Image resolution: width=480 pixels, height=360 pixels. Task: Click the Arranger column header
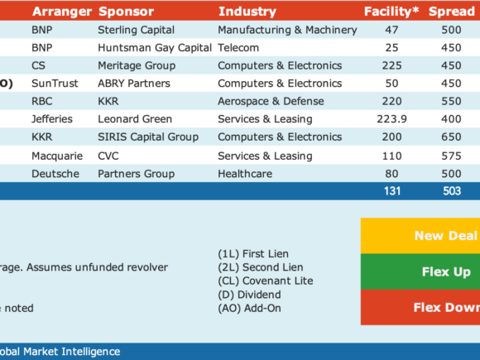[x=62, y=12]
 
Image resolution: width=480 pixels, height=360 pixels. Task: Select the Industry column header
[x=247, y=12]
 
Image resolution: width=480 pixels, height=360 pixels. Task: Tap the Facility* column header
[x=391, y=12]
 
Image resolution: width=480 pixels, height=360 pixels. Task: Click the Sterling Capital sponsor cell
[x=137, y=30]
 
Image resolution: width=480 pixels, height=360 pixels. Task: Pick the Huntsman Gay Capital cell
[x=155, y=48]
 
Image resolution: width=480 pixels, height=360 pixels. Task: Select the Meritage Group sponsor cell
[x=137, y=65]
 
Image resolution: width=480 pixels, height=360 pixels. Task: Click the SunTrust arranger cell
[x=55, y=84]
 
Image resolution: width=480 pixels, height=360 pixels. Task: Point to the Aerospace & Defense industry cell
[x=271, y=101]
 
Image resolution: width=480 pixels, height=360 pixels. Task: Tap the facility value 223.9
[x=391, y=119]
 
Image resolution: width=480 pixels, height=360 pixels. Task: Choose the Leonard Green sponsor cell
[x=135, y=119]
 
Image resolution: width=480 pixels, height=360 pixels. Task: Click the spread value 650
[x=451, y=137]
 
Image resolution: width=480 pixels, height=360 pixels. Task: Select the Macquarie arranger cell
[x=57, y=156]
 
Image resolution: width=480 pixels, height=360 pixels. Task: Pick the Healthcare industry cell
[x=245, y=174]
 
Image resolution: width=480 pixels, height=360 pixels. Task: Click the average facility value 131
[x=392, y=191]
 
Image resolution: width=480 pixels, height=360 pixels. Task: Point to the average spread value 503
[x=452, y=191]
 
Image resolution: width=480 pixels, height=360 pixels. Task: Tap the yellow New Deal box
[x=420, y=236]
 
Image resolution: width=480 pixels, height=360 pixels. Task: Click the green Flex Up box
[x=420, y=271]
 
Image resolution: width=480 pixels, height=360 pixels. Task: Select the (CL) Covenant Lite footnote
[x=266, y=281]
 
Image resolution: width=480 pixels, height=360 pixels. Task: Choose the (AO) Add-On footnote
[x=249, y=308]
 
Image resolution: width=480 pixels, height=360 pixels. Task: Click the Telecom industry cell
[x=238, y=48]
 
